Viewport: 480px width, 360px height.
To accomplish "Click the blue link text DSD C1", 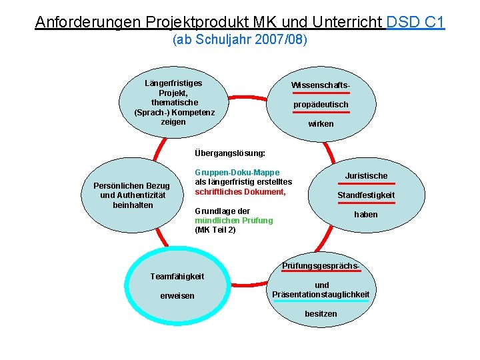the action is click(415, 22).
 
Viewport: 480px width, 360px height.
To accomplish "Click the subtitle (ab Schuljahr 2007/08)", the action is click(240, 40).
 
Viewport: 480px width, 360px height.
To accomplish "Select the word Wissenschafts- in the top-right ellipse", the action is click(321, 85).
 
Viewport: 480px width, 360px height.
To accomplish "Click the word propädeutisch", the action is click(321, 105).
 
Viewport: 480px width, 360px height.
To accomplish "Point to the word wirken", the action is click(321, 124).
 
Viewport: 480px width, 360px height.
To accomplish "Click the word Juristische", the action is click(366, 176).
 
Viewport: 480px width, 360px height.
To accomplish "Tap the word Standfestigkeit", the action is click(366, 195).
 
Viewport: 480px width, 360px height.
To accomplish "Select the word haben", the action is click(366, 215).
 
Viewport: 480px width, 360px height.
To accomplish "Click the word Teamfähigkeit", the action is click(177, 277).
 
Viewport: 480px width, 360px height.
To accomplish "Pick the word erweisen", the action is click(177, 296).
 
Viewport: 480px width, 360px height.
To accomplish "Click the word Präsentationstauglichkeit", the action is click(321, 294).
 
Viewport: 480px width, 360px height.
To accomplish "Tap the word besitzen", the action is click(321, 313).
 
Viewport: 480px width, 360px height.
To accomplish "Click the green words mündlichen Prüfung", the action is click(233, 221).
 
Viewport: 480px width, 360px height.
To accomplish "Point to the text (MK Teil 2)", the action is click(215, 230).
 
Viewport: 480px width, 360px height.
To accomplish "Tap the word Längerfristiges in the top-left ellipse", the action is click(174, 83).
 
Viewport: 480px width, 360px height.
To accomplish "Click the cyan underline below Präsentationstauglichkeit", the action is click(321, 301).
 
